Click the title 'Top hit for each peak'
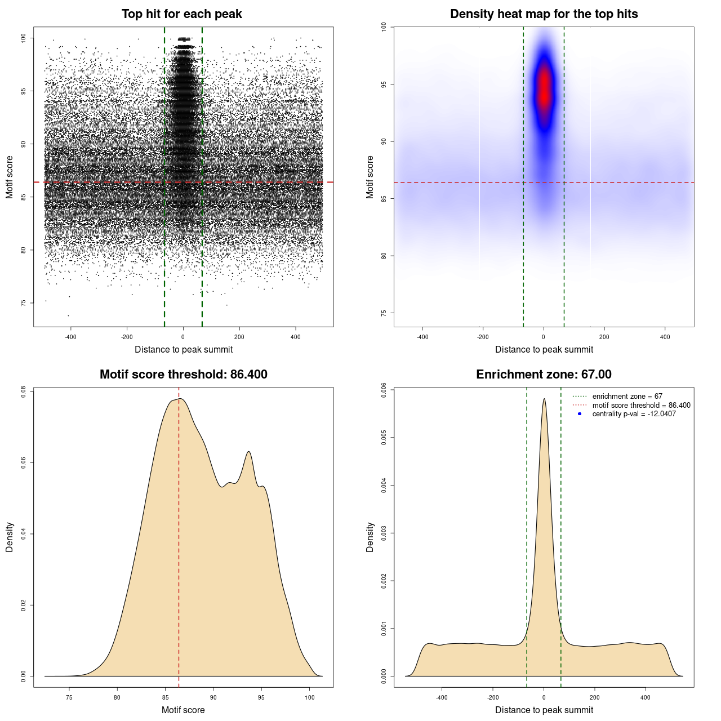181,14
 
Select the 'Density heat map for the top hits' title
544,14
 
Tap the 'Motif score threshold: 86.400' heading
183,375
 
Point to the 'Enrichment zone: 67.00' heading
544,375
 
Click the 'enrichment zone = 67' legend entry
627,397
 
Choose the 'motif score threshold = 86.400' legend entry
641,405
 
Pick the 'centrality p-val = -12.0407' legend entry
634,414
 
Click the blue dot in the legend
580,414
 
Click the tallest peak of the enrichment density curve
544,399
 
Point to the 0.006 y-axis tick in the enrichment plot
384,390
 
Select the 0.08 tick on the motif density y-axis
24,391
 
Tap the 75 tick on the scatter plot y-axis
24,303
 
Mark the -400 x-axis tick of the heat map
422,337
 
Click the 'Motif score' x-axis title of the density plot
183,710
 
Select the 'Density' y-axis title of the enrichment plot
370,537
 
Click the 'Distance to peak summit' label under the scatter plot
184,349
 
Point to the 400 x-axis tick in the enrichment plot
646,697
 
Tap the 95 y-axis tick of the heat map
384,84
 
